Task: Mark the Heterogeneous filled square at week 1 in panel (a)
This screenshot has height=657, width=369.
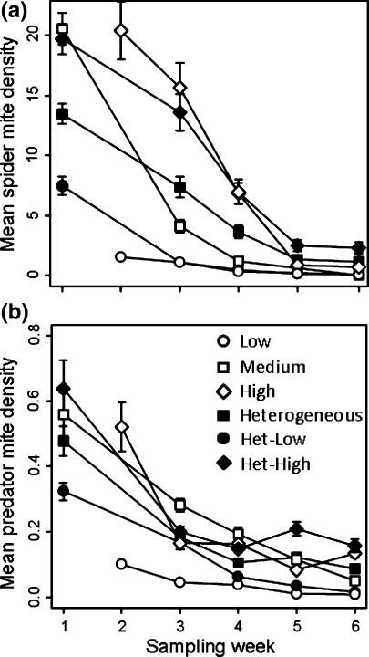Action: click(x=62, y=114)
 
